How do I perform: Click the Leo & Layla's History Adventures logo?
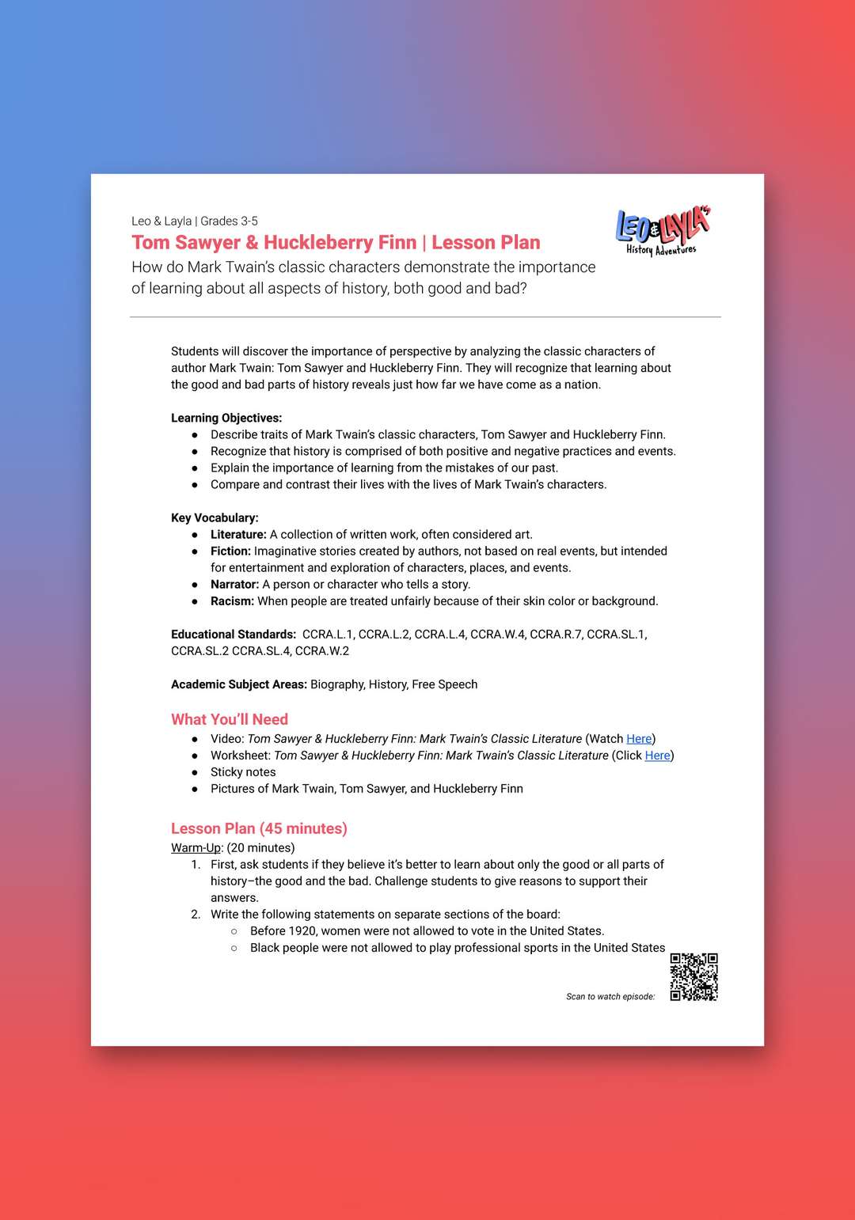point(663,231)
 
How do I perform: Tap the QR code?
point(693,976)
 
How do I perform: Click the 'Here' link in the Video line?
point(639,739)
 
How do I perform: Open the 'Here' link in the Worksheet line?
point(657,756)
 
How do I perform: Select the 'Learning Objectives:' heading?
point(226,418)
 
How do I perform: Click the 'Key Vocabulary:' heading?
point(215,517)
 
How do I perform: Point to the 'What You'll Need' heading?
point(230,719)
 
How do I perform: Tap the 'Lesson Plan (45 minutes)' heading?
point(259,828)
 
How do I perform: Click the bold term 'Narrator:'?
point(234,585)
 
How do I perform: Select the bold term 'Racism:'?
point(232,601)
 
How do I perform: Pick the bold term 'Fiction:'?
point(230,551)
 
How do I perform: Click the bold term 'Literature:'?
point(238,535)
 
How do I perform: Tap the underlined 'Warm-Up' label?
point(196,848)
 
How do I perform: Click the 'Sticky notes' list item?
point(243,772)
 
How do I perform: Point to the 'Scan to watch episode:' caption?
point(610,997)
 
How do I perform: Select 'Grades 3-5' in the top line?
point(229,222)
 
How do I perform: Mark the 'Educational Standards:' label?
point(234,635)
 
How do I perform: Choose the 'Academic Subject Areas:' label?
point(239,684)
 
